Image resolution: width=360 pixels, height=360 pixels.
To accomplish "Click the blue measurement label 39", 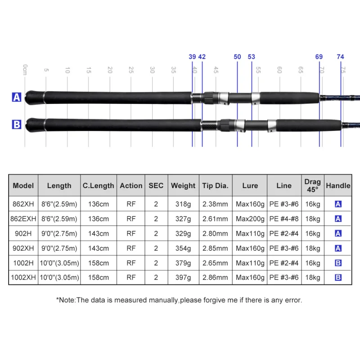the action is click(x=192, y=57).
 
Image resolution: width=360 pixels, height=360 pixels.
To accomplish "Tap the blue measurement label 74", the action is click(x=340, y=57).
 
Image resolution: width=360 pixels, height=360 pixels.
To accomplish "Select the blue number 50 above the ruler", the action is click(x=237, y=57).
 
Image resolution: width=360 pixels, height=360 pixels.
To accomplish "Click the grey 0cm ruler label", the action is click(x=25, y=70).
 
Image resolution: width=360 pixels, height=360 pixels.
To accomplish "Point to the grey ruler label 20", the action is click(x=110, y=70).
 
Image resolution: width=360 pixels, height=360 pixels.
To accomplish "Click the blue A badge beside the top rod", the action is click(x=17, y=97).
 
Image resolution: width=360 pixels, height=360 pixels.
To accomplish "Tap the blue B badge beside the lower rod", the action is click(x=17, y=125).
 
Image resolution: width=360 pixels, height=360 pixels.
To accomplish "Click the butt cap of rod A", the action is click(x=35, y=98).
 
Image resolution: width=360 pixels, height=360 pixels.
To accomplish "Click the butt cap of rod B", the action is click(x=35, y=125).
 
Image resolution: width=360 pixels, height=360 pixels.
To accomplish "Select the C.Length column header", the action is click(x=98, y=185).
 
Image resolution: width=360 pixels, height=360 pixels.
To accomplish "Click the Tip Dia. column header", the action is click(x=216, y=185).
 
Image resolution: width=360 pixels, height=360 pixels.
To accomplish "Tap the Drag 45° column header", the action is click(x=312, y=185).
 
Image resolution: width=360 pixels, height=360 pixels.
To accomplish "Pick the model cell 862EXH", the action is click(x=23, y=219).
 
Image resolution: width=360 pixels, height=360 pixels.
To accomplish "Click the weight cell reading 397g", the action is click(x=183, y=278).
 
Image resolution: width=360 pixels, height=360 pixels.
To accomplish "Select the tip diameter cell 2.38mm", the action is click(x=215, y=204).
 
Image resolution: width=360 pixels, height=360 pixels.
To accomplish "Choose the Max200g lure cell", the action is click(x=250, y=219).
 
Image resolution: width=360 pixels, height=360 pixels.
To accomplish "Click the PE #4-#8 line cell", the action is click(x=284, y=219).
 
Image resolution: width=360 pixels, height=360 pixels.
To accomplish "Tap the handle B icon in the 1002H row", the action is click(x=338, y=263).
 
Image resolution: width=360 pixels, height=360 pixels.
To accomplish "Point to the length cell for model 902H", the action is click(x=59, y=234).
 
